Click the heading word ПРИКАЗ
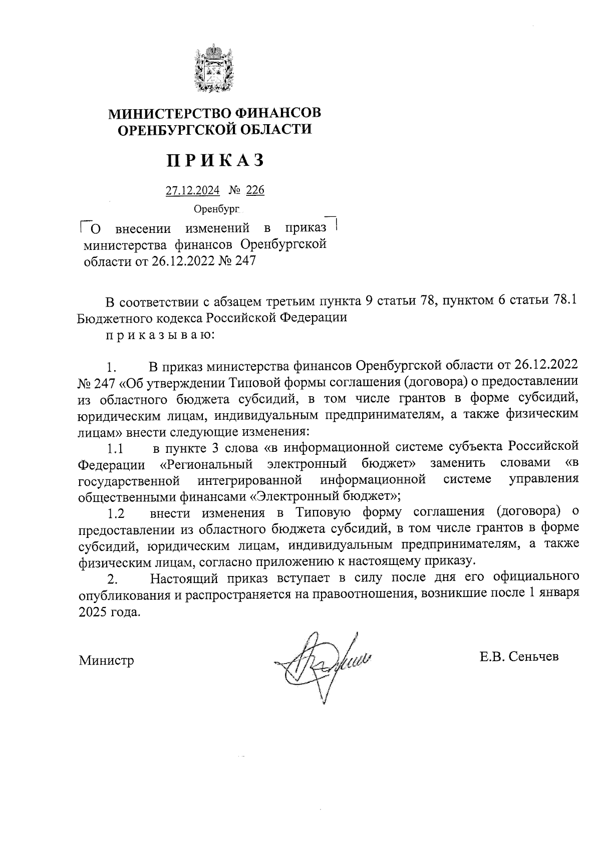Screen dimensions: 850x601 coord(215,160)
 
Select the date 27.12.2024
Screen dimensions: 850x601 coord(192,191)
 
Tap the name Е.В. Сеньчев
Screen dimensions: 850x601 coord(518,657)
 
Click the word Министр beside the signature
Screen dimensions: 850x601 coord(106,661)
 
